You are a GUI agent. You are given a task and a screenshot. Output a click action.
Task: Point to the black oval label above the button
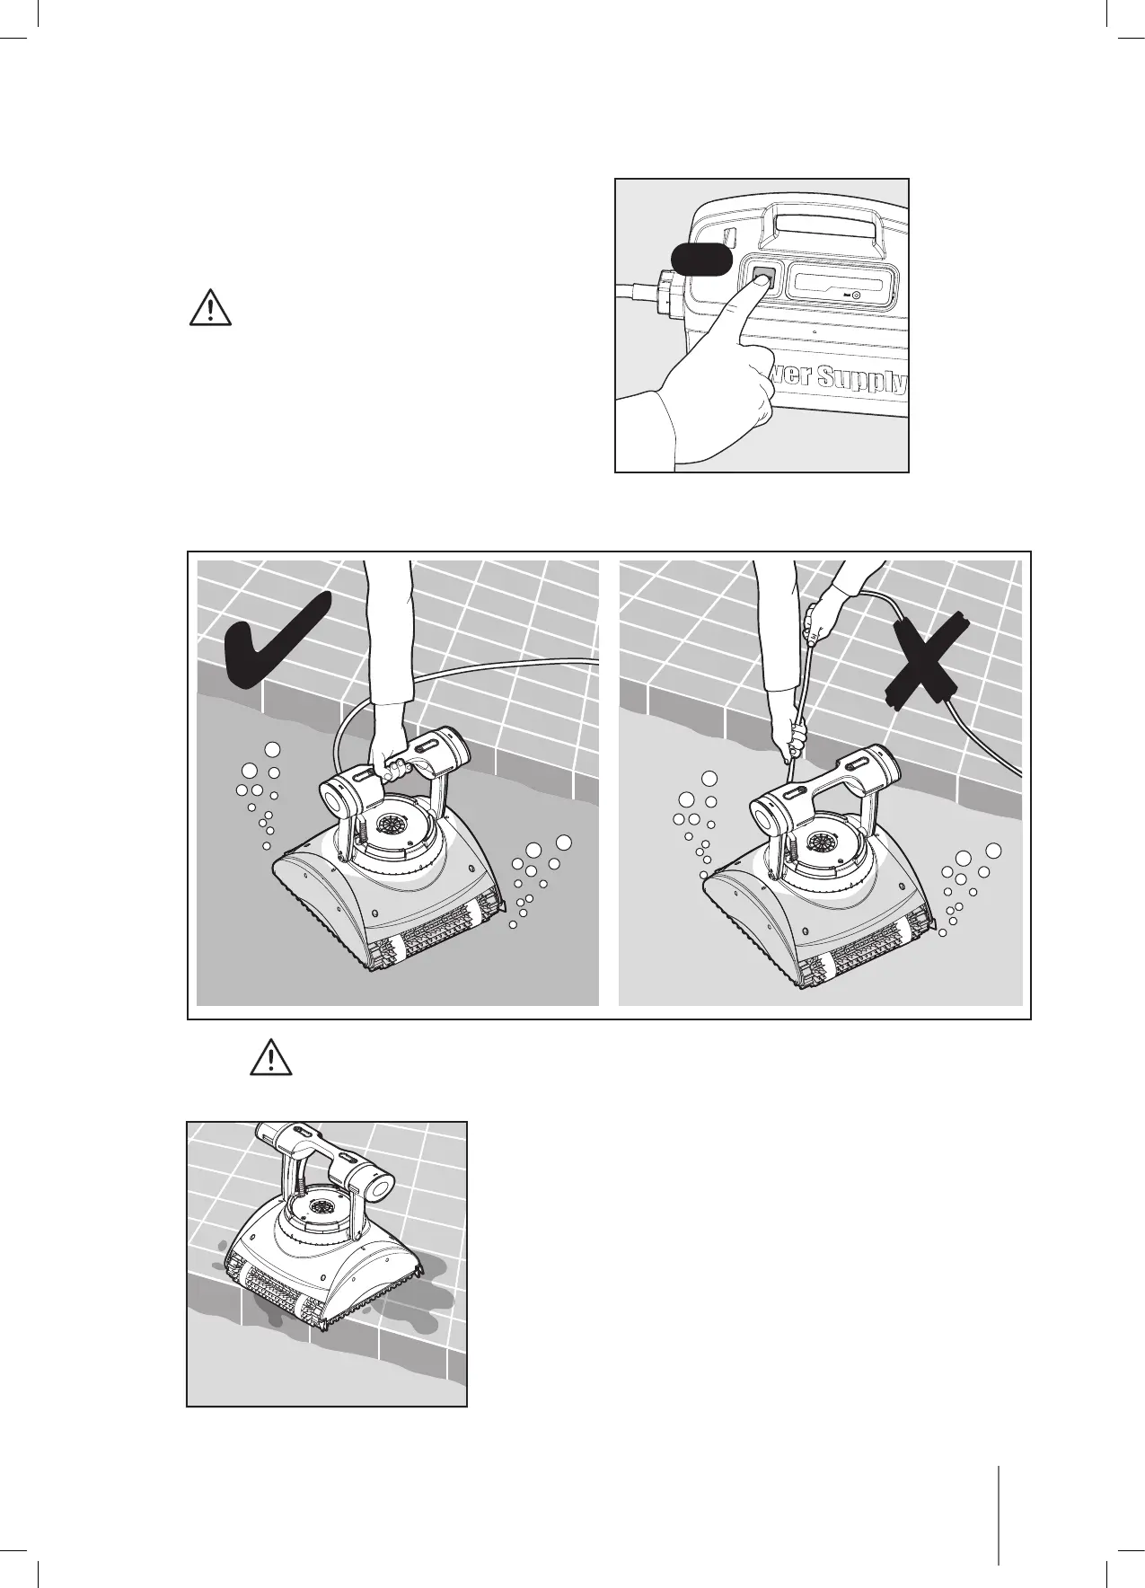click(x=703, y=260)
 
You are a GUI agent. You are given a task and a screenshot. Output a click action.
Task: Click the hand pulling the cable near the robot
click(x=795, y=743)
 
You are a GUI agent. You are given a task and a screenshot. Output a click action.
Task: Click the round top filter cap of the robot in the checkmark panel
click(x=392, y=825)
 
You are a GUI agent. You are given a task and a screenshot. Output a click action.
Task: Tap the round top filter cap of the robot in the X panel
click(x=820, y=843)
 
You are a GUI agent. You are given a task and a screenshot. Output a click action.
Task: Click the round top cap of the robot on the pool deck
click(x=313, y=1204)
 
